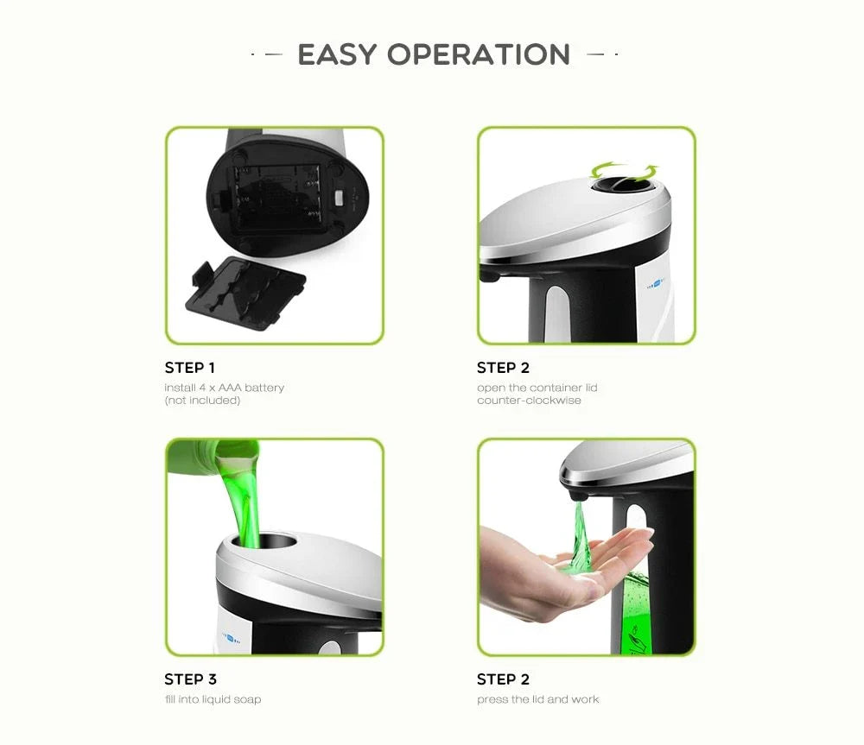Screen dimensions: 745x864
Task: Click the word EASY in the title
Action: coord(338,54)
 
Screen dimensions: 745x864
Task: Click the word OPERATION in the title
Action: coord(479,54)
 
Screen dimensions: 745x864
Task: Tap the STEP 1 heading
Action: coord(190,368)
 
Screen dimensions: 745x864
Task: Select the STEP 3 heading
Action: coord(191,679)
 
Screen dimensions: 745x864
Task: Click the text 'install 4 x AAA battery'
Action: coord(224,388)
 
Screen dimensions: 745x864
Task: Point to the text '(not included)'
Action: coord(202,401)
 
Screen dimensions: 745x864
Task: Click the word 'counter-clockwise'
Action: coord(529,401)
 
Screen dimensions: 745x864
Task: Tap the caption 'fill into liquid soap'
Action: coord(213,699)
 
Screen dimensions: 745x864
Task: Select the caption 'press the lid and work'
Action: coord(537,699)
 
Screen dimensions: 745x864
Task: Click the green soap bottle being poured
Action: coord(212,455)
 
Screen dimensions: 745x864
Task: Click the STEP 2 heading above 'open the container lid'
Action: coord(503,368)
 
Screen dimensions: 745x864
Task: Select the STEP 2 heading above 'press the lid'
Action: coord(503,679)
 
